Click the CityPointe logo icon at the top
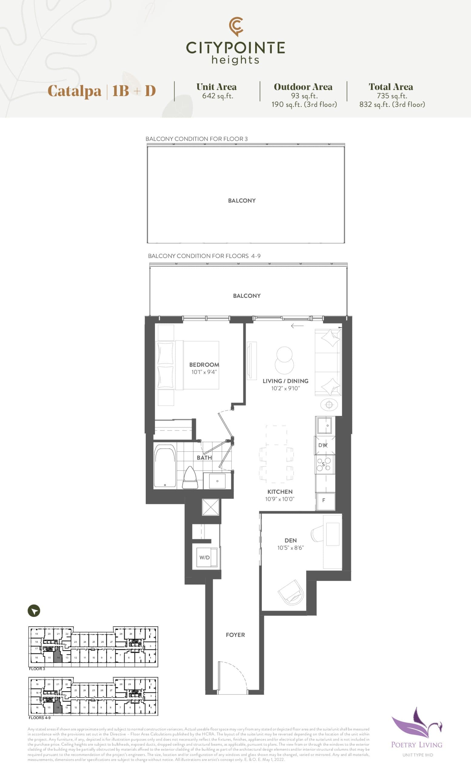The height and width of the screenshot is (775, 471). (x=236, y=26)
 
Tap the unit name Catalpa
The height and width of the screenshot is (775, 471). (x=74, y=91)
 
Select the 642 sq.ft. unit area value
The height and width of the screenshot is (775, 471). (x=218, y=96)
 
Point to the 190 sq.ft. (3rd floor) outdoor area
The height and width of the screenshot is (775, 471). (x=304, y=104)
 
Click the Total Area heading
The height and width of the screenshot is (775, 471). (x=391, y=87)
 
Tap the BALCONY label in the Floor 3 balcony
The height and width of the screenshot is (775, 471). (x=242, y=201)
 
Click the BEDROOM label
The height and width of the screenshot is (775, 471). (x=204, y=364)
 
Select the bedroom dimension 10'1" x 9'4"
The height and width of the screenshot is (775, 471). (x=204, y=372)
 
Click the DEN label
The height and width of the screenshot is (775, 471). (x=290, y=540)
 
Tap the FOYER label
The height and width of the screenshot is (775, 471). (x=235, y=635)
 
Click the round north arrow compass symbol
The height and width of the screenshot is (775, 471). (x=34, y=611)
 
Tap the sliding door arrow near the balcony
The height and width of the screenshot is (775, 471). (x=297, y=326)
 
